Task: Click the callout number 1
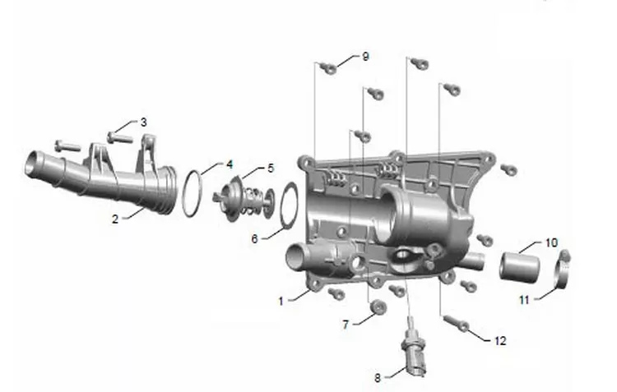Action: tap(281, 302)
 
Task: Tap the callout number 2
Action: tap(115, 219)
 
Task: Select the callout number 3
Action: tap(144, 122)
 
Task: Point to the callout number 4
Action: tap(230, 164)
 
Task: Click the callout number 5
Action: tap(271, 168)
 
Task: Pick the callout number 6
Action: tap(254, 238)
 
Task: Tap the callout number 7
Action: tap(346, 325)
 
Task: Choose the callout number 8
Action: tap(378, 378)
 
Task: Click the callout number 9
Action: tap(365, 57)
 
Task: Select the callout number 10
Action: tap(552, 242)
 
